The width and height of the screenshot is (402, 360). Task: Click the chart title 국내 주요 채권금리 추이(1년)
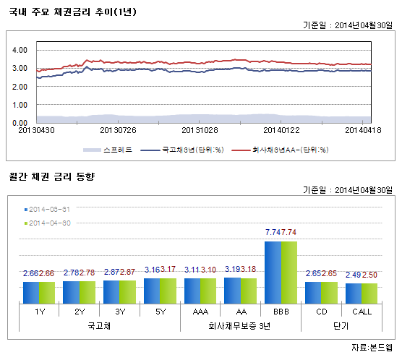pyautogui.click(x=72, y=12)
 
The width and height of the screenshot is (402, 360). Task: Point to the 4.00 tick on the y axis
pyautogui.click(x=20, y=50)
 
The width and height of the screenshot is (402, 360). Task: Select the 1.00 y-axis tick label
pyautogui.click(x=20, y=105)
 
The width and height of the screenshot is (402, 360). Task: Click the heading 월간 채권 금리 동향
pyautogui.click(x=51, y=177)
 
